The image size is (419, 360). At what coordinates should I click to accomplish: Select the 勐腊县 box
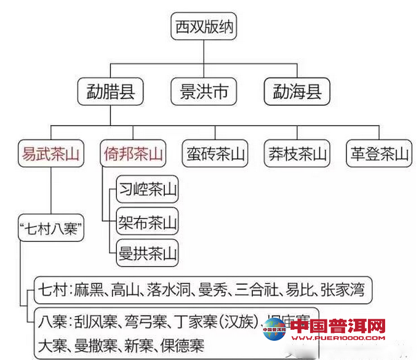click(x=111, y=92)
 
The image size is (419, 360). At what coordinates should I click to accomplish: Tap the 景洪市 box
click(x=203, y=92)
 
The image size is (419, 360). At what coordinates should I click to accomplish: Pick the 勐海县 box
click(x=297, y=92)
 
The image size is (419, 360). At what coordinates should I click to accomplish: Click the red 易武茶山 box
click(x=51, y=154)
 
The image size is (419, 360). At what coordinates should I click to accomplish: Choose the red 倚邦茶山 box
click(x=133, y=154)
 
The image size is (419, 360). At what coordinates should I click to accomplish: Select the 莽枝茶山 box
click(x=297, y=154)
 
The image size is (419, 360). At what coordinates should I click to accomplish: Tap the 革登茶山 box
click(x=379, y=154)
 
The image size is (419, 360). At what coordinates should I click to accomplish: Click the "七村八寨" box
click(x=51, y=228)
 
